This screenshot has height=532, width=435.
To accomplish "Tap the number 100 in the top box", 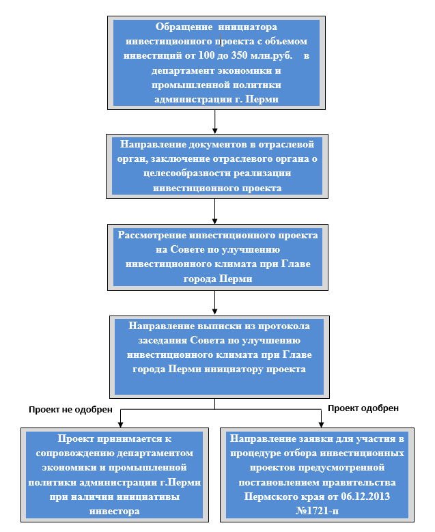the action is point(206,55).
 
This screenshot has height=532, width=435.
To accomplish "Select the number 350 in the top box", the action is point(239,55).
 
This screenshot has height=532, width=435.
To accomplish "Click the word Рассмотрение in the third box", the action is point(152,236).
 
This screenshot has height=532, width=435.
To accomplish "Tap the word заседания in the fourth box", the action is point(163,340).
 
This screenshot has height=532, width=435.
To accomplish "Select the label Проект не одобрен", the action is point(70,410).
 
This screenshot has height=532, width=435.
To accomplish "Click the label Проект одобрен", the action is point(363,408).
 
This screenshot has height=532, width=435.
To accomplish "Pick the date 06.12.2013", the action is point(365,496).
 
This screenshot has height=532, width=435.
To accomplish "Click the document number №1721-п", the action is point(317,511).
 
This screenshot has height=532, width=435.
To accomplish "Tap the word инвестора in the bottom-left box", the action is point(114,512).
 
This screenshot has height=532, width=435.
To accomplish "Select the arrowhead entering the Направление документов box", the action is point(215,131).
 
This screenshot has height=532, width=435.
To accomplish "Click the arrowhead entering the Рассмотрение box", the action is point(215,221).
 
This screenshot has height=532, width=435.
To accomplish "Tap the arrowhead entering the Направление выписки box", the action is point(215,311).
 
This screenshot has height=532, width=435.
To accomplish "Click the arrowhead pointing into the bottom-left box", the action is point(120,425).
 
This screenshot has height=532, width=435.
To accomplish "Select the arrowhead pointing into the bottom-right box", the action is point(322,425).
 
